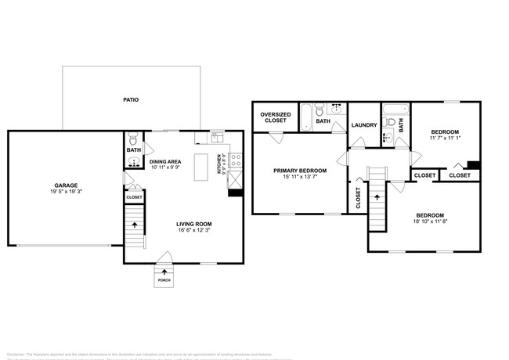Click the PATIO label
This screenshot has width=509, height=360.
[x=131, y=100]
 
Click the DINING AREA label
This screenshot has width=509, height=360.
[x=165, y=160]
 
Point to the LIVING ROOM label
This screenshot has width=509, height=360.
[x=193, y=224]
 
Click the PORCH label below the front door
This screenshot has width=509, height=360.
[x=164, y=280]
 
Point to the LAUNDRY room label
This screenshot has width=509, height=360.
[x=365, y=125]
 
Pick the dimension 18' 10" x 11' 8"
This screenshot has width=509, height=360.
[x=431, y=221]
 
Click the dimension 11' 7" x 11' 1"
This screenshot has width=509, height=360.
[x=444, y=139]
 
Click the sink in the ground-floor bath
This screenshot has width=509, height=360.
[x=134, y=163]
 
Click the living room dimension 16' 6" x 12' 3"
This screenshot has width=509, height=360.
[x=193, y=231]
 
